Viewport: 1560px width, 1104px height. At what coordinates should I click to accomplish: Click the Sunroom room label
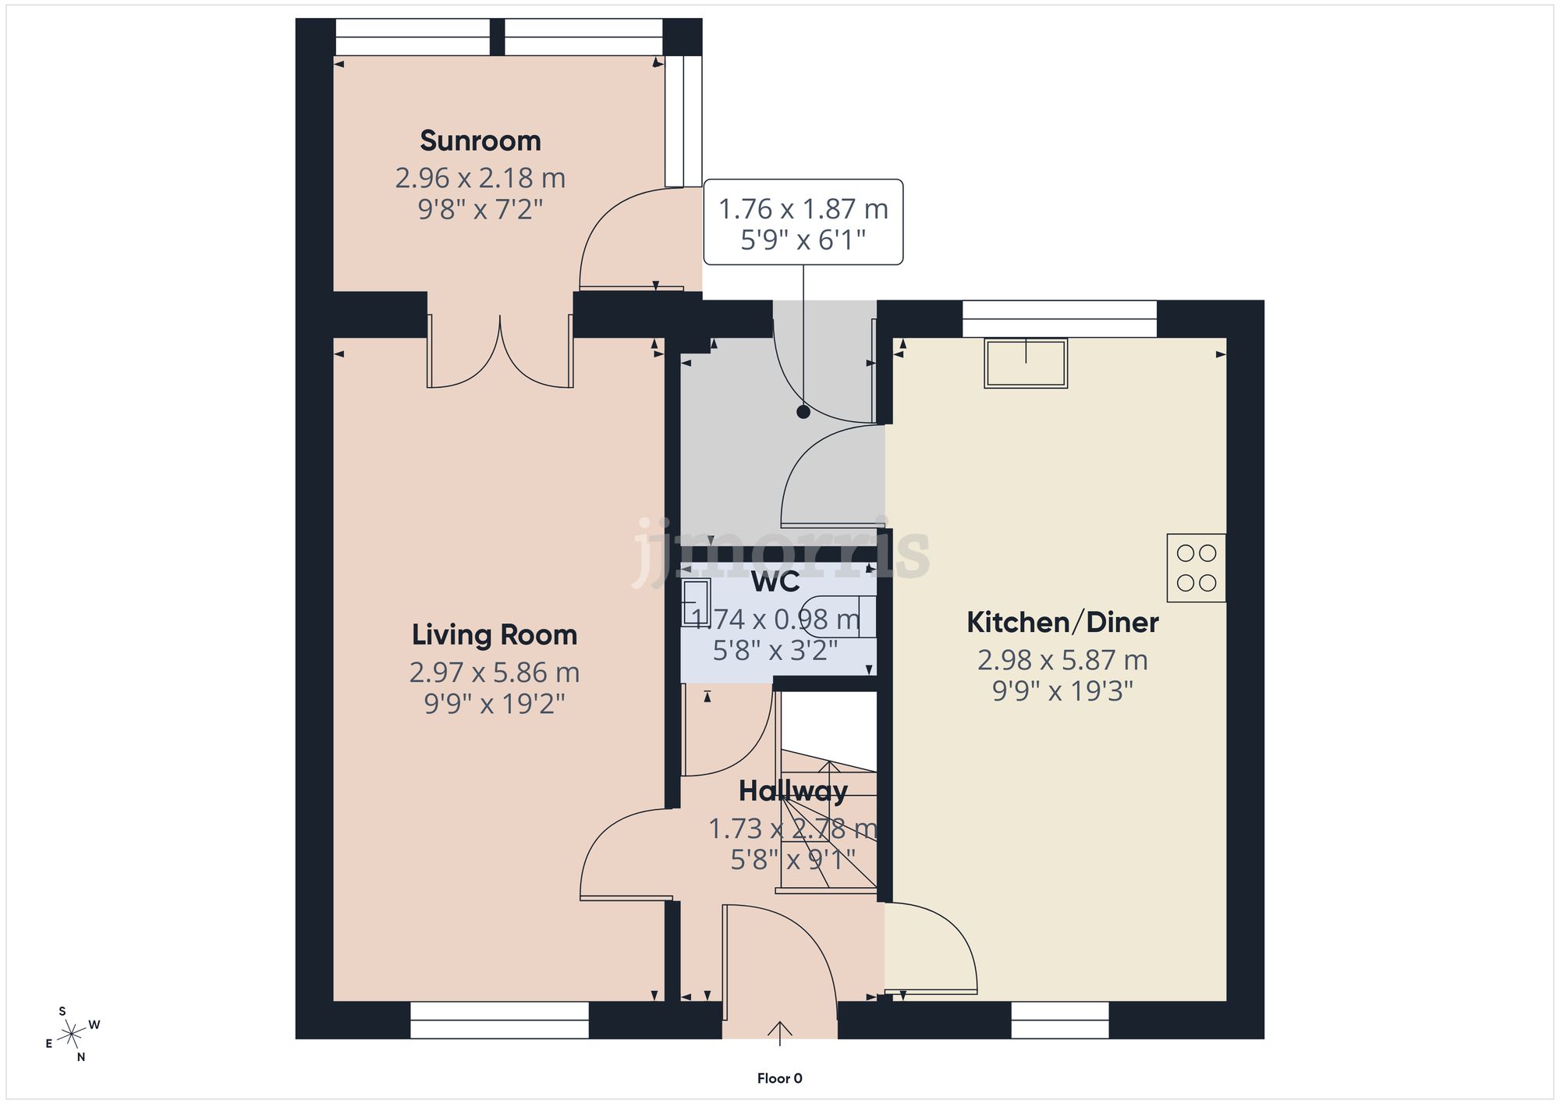coord(480,141)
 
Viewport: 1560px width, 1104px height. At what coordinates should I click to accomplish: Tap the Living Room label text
coord(495,635)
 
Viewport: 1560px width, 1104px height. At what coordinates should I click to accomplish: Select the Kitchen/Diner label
coord(1062,623)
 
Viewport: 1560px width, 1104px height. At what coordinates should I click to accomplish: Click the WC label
coord(775,582)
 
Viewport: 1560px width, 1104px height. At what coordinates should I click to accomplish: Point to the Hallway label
coord(792,792)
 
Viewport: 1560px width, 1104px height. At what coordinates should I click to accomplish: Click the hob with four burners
coord(1196,568)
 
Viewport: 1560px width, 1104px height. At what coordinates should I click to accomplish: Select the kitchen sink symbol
coord(1026,363)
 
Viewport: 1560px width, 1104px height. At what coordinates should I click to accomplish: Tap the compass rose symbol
coord(73,1035)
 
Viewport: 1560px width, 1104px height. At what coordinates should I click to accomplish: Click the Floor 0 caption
coord(779,1078)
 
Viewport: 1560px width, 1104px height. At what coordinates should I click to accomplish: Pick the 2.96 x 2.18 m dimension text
coord(480,179)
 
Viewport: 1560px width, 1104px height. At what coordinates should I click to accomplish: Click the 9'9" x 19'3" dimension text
coord(1062,691)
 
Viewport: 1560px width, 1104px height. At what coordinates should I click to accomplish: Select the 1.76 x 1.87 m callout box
coord(803,222)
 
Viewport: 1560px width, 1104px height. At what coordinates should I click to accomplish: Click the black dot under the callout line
coord(803,413)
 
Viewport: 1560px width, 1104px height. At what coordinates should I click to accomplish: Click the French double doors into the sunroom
coord(500,355)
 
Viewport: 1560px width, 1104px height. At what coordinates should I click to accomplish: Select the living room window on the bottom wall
coord(499,1020)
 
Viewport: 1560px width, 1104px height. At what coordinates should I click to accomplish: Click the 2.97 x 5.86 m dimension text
coord(495,673)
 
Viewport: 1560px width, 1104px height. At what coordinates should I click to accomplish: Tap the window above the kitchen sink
coord(1059,319)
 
